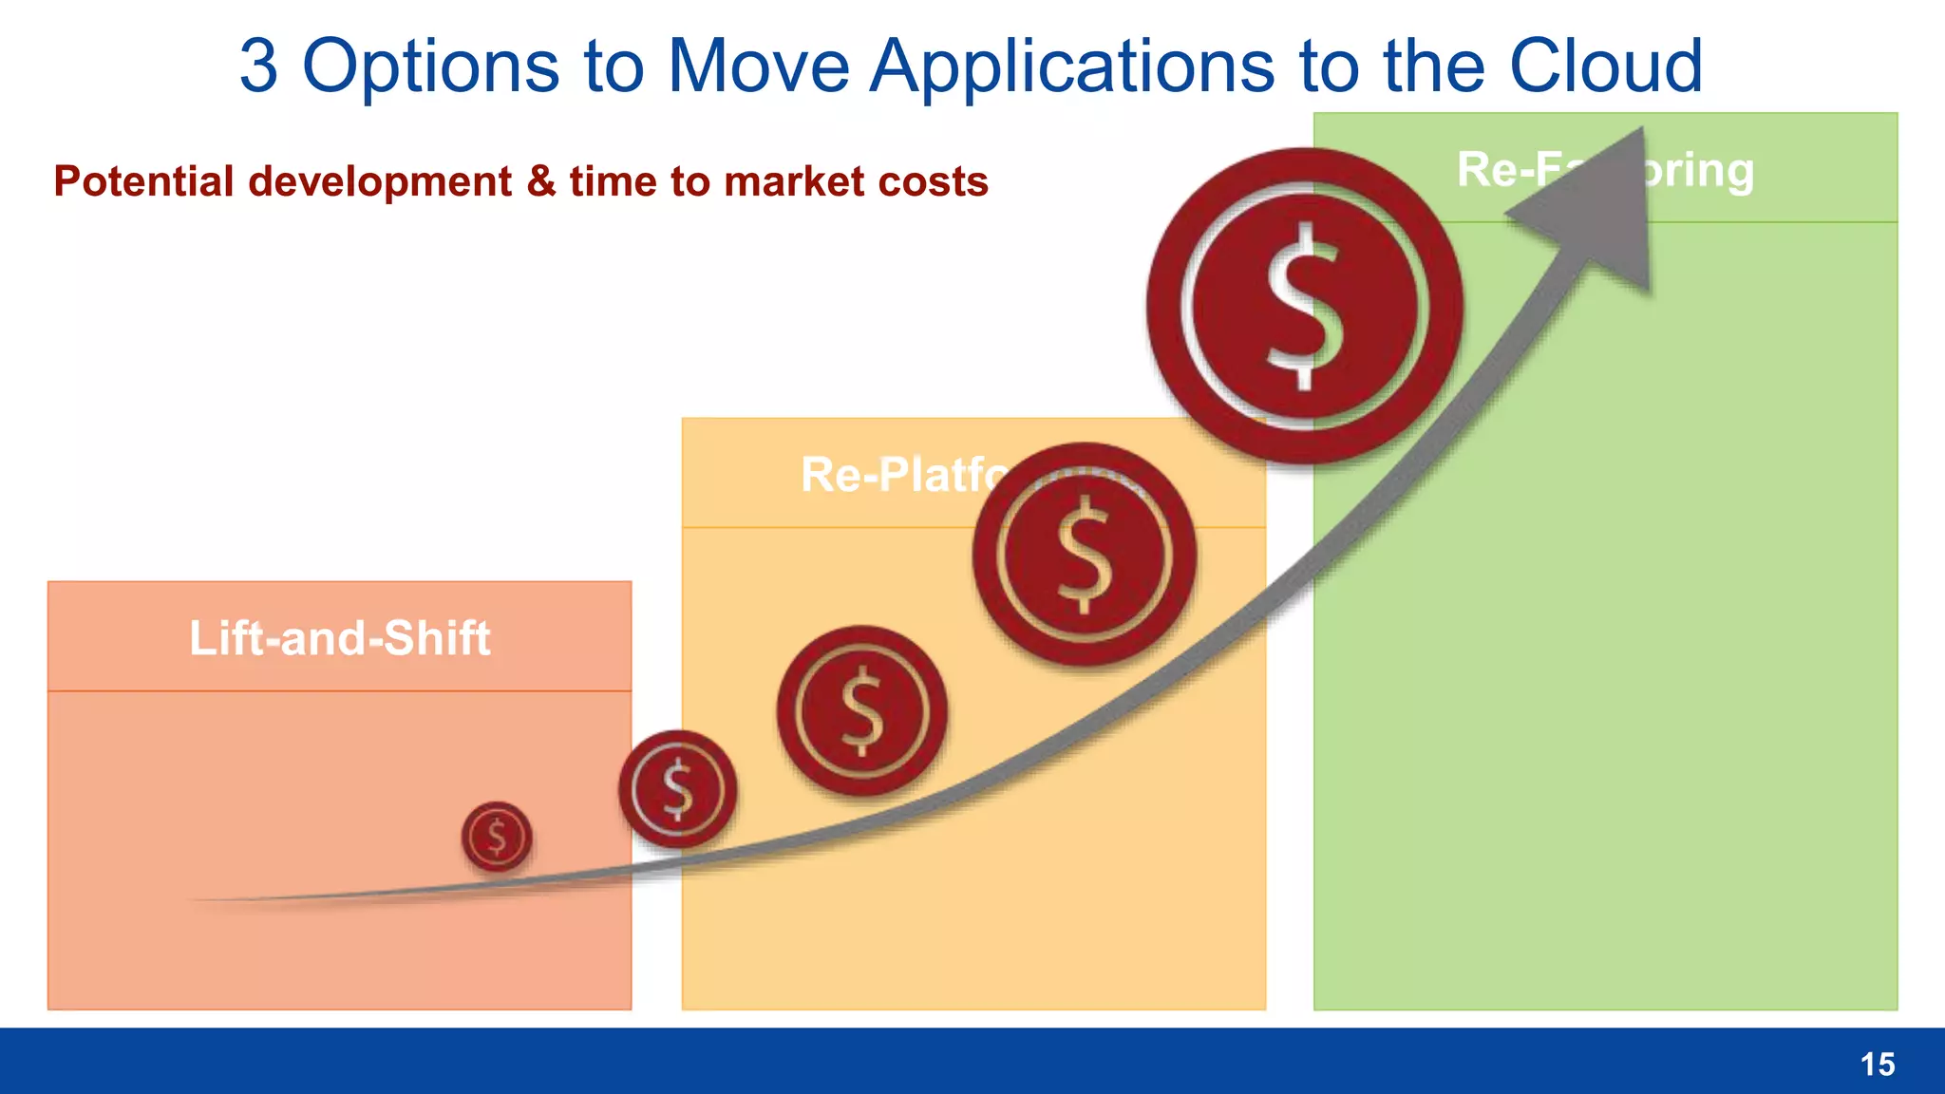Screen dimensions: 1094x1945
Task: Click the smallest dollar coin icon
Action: tap(497, 837)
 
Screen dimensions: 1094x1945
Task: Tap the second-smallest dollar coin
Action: tap(677, 789)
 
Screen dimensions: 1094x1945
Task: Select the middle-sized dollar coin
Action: tap(861, 710)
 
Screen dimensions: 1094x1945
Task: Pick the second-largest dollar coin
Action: tap(1084, 555)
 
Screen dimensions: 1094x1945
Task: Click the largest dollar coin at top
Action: tap(1304, 306)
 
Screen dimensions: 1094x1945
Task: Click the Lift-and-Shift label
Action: tap(339, 638)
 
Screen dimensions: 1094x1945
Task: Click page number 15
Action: tap(1877, 1065)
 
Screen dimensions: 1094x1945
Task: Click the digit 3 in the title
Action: tap(258, 66)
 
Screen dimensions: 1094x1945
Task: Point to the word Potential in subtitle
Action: tap(143, 181)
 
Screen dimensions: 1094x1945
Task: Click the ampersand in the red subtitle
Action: tap(540, 181)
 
